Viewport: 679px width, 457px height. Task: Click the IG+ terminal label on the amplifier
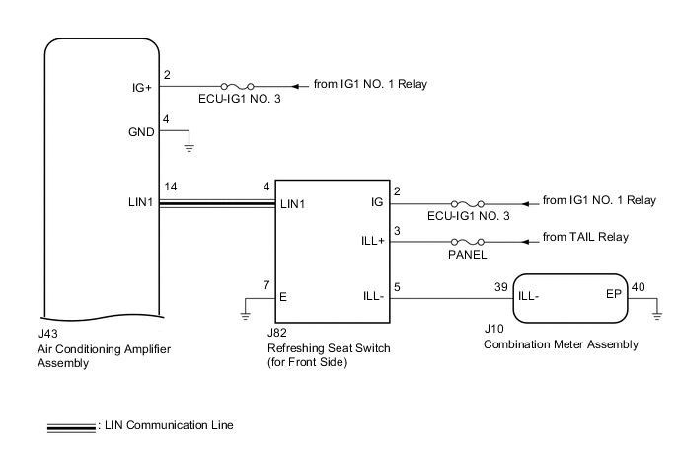point(142,87)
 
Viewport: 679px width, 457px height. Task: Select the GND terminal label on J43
point(140,132)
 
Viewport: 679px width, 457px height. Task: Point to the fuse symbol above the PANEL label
point(465,241)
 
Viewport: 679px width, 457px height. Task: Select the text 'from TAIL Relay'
point(585,238)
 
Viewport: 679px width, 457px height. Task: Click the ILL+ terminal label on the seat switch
point(375,241)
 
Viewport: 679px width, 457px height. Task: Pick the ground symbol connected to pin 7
point(245,314)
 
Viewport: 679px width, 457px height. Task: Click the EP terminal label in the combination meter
point(612,294)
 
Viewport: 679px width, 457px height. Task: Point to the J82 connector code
point(277,334)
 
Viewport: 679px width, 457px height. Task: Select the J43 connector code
point(46,336)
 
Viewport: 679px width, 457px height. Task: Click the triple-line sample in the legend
point(71,426)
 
